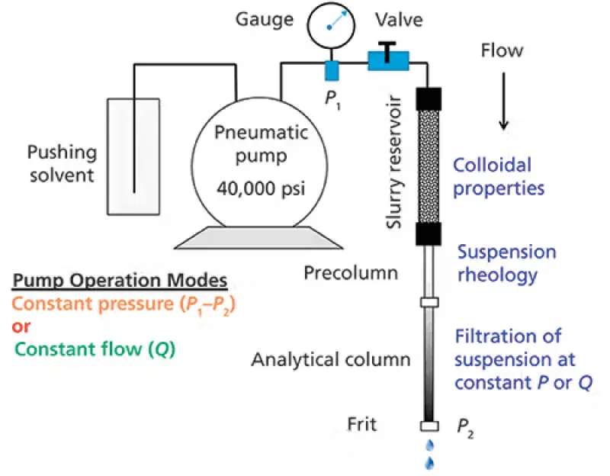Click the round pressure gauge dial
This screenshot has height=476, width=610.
click(x=331, y=25)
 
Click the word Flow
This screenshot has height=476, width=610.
click(x=502, y=51)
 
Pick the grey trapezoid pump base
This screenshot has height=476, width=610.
click(x=258, y=238)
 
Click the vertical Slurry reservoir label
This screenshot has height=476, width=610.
click(x=395, y=159)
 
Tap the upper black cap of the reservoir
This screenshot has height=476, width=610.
click(x=429, y=98)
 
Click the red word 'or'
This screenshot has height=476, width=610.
click(x=21, y=328)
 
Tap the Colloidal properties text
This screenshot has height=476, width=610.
click(x=493, y=175)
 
